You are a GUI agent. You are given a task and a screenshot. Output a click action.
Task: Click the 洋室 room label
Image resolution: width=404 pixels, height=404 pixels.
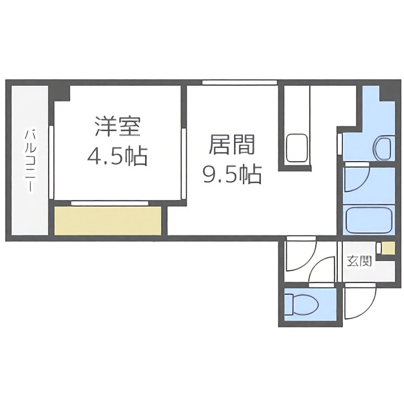point(117,127)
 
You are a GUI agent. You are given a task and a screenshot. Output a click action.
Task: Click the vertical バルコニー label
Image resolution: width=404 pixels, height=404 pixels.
point(29,161)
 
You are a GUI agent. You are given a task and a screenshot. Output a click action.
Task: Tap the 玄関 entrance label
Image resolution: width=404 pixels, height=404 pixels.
point(359,261)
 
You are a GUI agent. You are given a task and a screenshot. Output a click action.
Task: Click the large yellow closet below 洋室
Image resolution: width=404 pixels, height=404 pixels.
point(108,221)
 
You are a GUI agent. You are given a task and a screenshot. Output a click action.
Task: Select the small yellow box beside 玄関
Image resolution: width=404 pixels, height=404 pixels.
point(388,248)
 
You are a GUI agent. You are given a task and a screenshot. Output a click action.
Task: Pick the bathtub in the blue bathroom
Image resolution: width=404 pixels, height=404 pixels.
point(369,220)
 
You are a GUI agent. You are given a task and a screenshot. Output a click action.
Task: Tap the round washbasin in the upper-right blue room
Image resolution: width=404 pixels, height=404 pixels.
point(383,148)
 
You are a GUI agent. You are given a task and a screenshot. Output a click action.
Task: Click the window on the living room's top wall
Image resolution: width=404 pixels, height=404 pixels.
point(240,82)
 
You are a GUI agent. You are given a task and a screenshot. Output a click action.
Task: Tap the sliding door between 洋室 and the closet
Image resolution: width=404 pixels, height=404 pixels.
point(110,203)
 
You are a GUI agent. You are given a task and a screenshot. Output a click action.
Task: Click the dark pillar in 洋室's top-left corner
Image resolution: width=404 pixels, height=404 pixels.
point(62,93)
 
